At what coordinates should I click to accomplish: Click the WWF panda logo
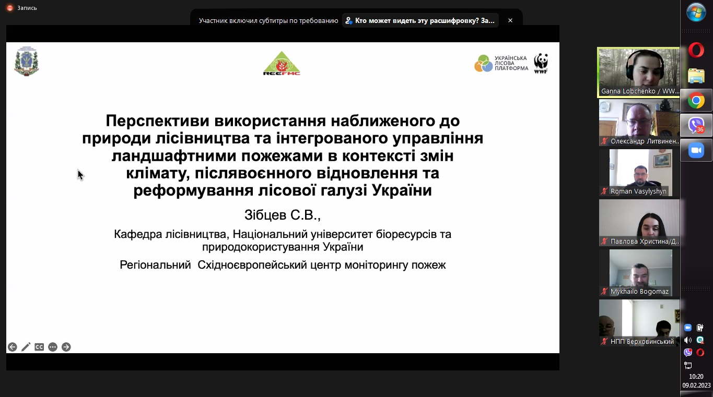coord(541,63)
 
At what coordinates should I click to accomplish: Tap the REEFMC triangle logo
coord(282,63)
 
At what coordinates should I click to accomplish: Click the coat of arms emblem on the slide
coord(27,61)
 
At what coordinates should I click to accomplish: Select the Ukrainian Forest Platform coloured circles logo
coord(483,63)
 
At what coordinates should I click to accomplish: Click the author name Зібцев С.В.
coord(283,215)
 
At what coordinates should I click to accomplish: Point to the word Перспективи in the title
coord(158,121)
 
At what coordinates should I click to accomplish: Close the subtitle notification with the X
coord(510,20)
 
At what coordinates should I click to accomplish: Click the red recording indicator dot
coord(10,8)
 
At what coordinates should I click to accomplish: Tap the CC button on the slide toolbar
coord(39,347)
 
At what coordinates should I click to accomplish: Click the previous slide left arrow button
coord(13,347)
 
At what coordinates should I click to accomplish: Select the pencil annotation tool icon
coord(26,347)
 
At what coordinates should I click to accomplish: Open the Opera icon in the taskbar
coord(696,50)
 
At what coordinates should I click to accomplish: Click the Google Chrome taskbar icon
coord(696,101)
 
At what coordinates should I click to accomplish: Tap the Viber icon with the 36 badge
coord(696,125)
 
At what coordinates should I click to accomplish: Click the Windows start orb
coord(696,12)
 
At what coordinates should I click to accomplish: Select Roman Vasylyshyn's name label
coord(638,191)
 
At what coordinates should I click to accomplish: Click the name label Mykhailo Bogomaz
coord(639,292)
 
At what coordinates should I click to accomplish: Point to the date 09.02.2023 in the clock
coord(696,385)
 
